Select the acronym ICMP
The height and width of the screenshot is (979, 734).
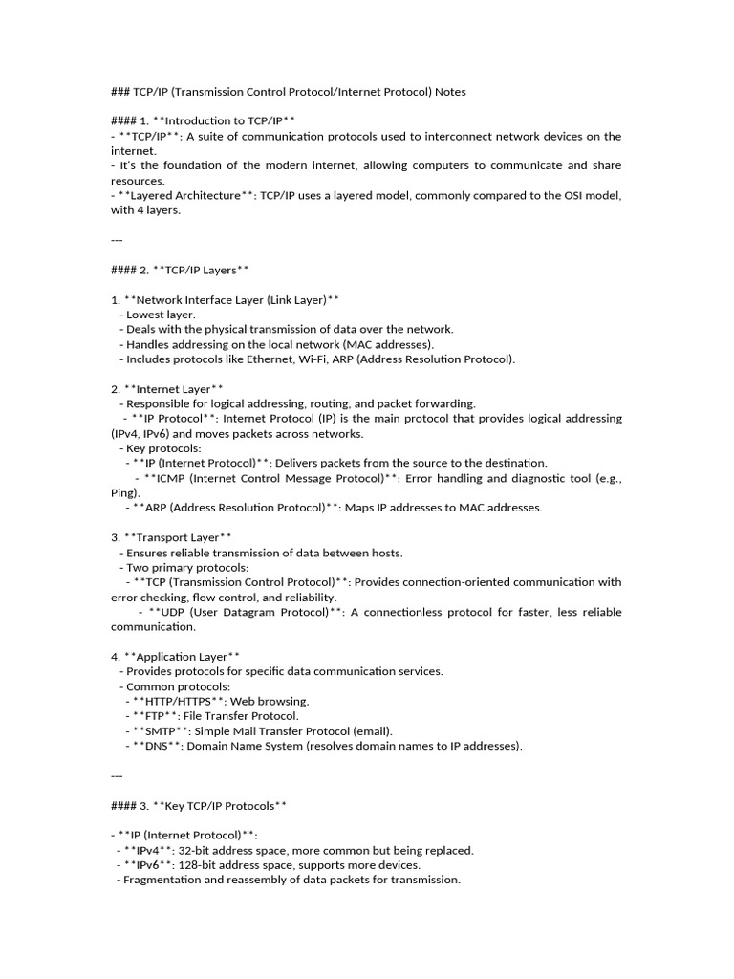click(x=166, y=478)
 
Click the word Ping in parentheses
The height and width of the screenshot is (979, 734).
click(x=123, y=492)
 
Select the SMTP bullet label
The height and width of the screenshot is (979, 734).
click(x=158, y=730)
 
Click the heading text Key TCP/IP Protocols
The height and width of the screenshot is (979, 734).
click(x=221, y=805)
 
